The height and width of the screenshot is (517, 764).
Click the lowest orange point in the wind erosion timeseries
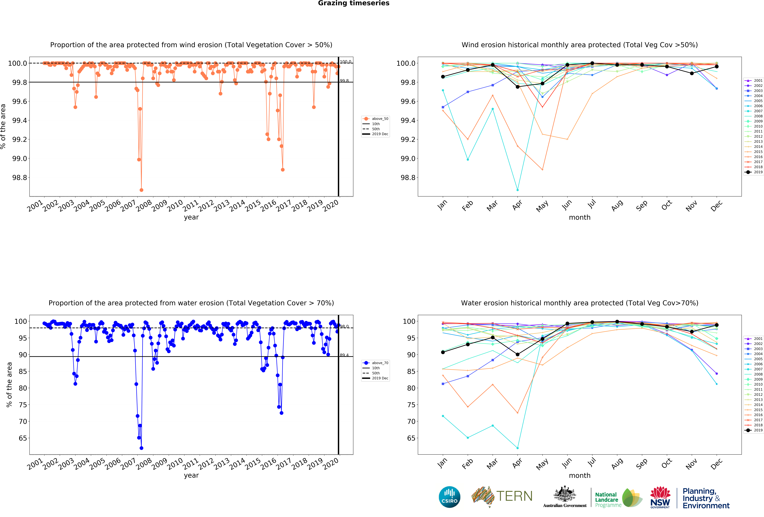(x=141, y=190)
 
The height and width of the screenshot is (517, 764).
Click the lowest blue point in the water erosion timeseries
(x=141, y=448)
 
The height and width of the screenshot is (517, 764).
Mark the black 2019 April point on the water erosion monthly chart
(x=517, y=354)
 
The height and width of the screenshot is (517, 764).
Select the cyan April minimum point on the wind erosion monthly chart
(x=517, y=190)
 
